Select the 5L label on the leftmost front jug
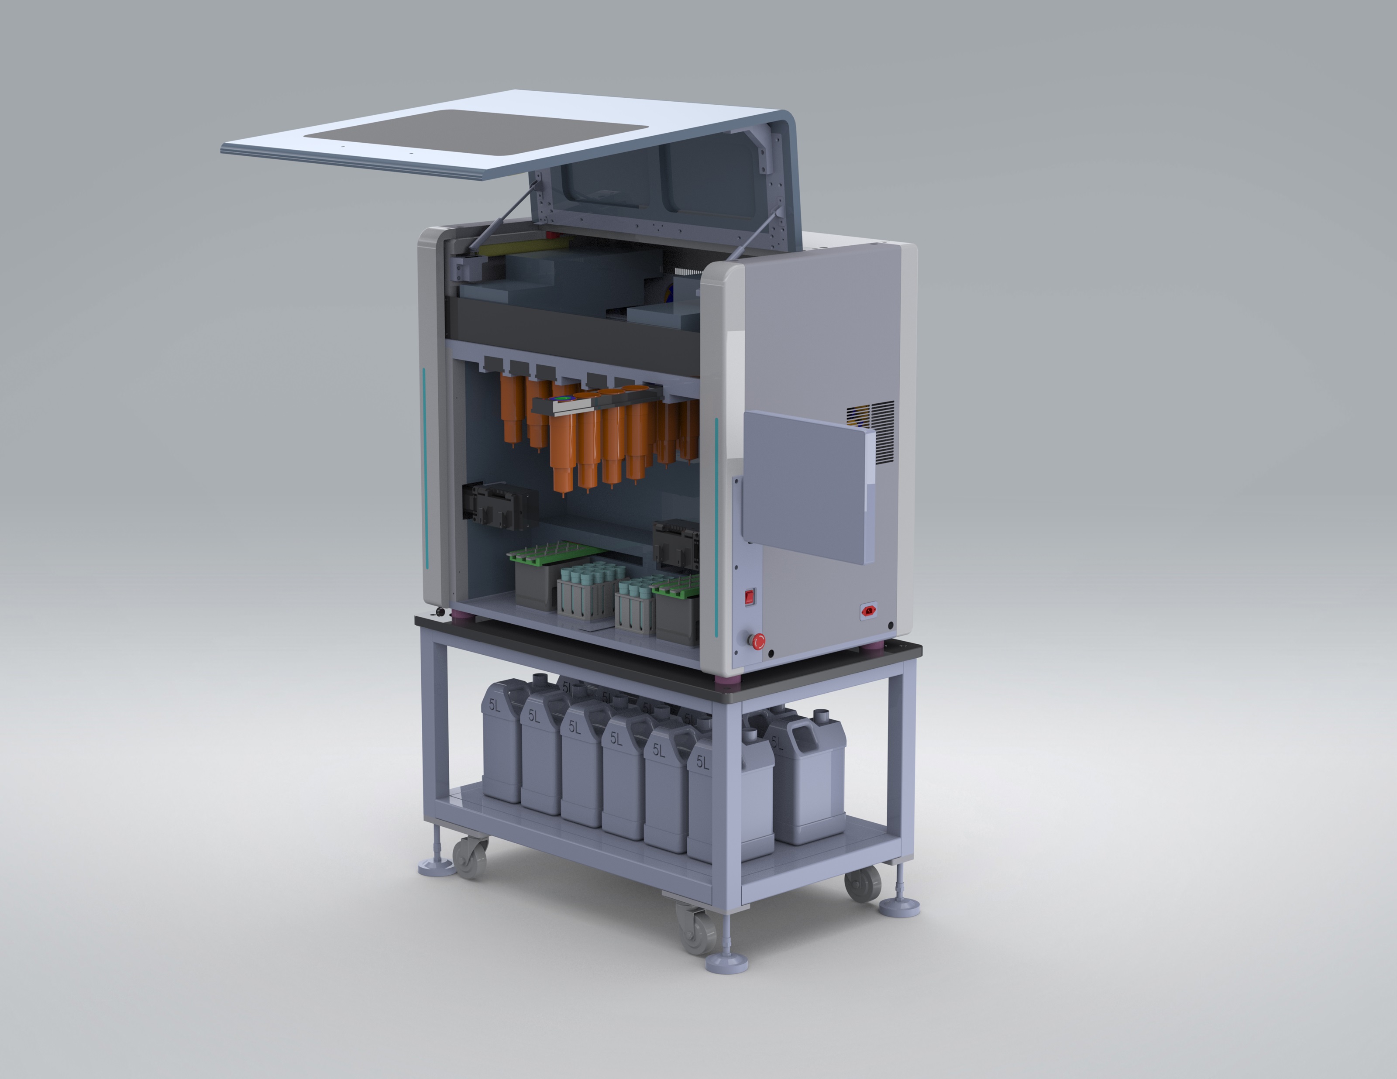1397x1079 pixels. pos(495,705)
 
